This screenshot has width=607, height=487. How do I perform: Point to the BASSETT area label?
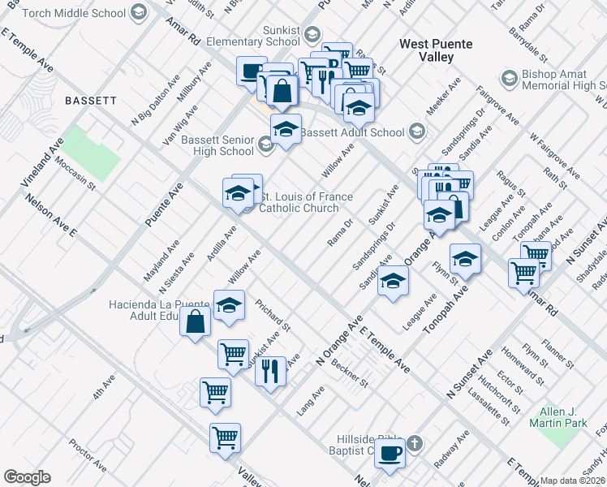[x=91, y=101]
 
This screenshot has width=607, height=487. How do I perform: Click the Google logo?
[x=27, y=477]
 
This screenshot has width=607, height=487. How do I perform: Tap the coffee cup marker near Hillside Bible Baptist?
[x=390, y=453]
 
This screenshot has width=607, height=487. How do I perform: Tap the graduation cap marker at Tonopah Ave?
[x=465, y=259]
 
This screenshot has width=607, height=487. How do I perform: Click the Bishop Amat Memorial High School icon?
[x=510, y=78]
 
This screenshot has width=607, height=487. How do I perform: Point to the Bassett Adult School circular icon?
[x=416, y=132]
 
